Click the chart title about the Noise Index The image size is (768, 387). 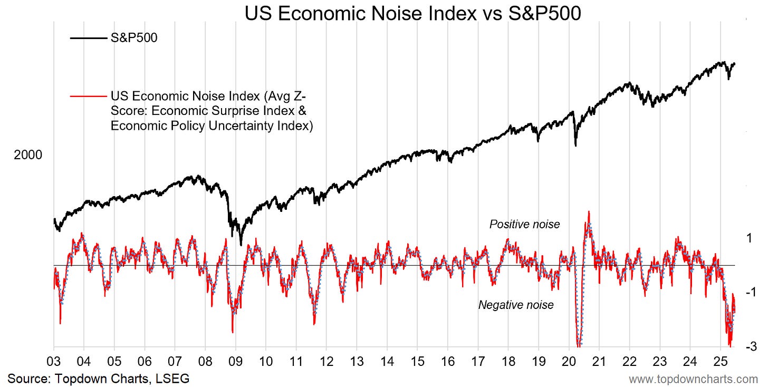(x=413, y=14)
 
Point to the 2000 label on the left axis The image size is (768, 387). (x=28, y=155)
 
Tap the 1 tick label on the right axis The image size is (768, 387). (x=748, y=238)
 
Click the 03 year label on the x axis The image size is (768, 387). (x=54, y=364)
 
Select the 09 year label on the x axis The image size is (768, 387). (x=235, y=364)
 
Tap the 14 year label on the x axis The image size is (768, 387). (x=387, y=364)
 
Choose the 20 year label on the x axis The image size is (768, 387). (x=569, y=364)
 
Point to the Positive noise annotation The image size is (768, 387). (x=524, y=225)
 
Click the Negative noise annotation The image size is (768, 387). (x=516, y=305)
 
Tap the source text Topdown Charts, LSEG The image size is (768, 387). (x=98, y=378)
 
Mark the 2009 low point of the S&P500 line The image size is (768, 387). (x=241, y=245)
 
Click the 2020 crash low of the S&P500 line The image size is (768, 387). (x=575, y=146)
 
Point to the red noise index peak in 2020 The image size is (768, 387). (x=588, y=212)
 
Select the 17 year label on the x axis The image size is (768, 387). (x=478, y=364)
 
